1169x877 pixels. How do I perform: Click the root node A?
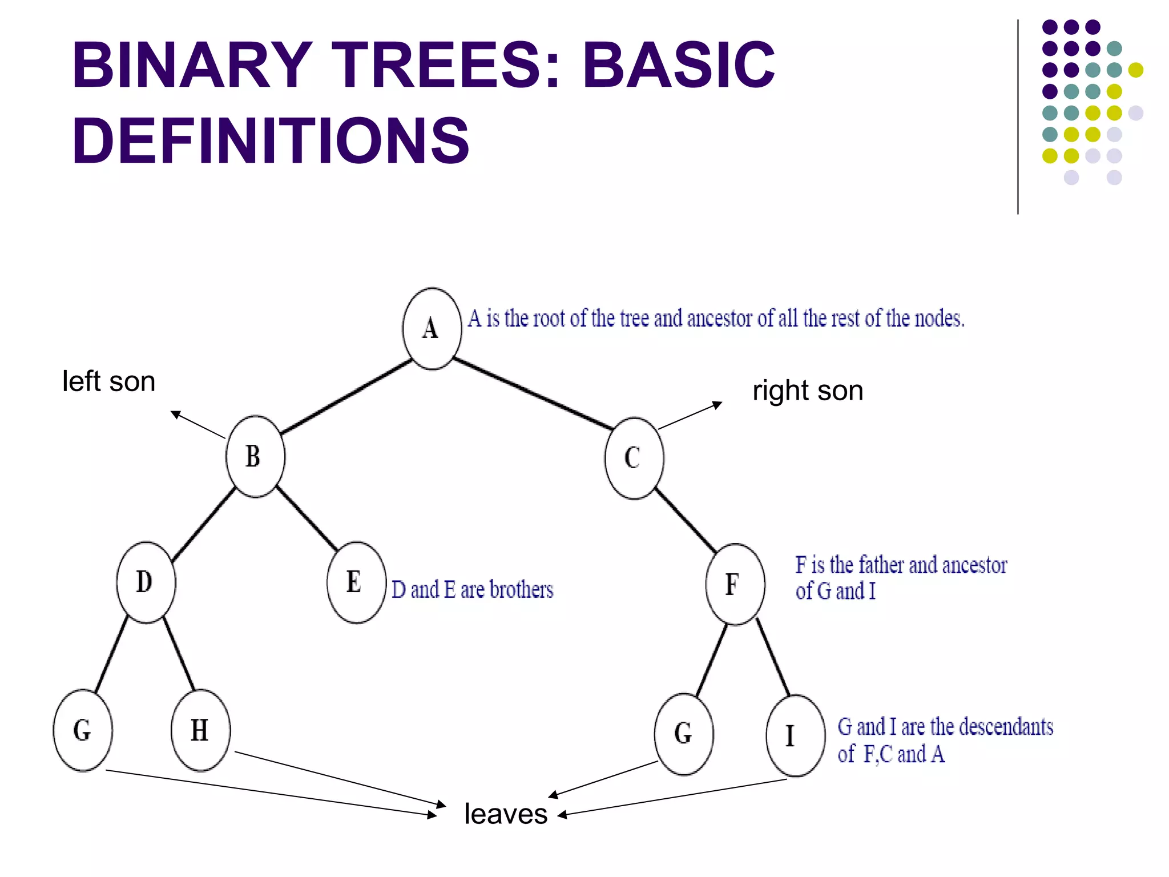click(x=432, y=329)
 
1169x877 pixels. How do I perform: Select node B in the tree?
click(x=255, y=457)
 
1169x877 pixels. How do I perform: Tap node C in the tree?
click(x=634, y=458)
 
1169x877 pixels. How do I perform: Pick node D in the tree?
click(x=146, y=582)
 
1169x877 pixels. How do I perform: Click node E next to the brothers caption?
click(x=356, y=582)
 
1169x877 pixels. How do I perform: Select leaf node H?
click(x=200, y=730)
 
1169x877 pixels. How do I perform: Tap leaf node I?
click(x=795, y=735)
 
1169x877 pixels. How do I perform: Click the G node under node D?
click(x=83, y=730)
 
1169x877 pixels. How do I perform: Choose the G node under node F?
click(x=683, y=734)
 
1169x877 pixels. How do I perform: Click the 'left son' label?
click(x=108, y=381)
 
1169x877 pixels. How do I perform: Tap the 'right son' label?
click(x=807, y=391)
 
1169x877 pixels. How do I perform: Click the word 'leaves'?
click(x=506, y=814)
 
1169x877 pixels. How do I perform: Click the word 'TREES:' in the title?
click(x=445, y=66)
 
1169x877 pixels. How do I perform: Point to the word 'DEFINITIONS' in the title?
click(x=271, y=140)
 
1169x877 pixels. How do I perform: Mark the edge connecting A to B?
click(x=346, y=396)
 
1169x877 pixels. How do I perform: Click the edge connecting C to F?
click(x=686, y=520)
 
